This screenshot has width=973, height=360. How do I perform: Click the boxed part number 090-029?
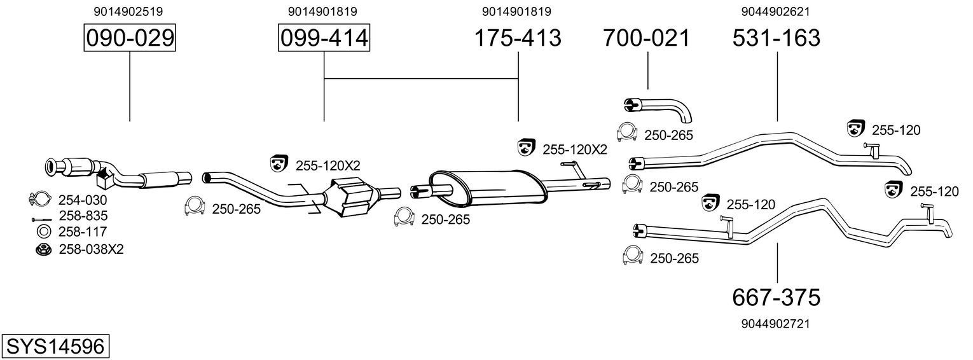pos(130,38)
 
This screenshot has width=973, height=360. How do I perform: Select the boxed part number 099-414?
pos(324,38)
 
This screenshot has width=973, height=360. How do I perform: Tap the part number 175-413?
pos(518,38)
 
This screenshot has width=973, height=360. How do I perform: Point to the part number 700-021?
pos(646,38)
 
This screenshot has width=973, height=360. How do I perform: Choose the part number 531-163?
pos(776,38)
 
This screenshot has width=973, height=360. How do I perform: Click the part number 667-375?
pos(776,298)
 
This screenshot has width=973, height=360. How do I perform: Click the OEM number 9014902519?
pos(128,11)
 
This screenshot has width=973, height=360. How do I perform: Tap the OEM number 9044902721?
pos(776,324)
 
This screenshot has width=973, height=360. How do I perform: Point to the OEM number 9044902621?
pos(776,11)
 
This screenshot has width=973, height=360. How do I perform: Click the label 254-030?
pos(83,200)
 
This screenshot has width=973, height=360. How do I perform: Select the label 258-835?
pos(83,216)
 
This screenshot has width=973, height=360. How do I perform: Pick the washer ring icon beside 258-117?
pos(43,232)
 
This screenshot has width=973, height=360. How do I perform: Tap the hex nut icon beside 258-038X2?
pos(43,250)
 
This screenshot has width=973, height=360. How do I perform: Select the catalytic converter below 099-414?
pos(352,198)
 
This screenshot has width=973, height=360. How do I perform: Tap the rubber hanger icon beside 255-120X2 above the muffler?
pos(527,148)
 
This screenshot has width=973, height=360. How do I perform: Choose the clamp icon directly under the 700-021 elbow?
pos(627,132)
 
